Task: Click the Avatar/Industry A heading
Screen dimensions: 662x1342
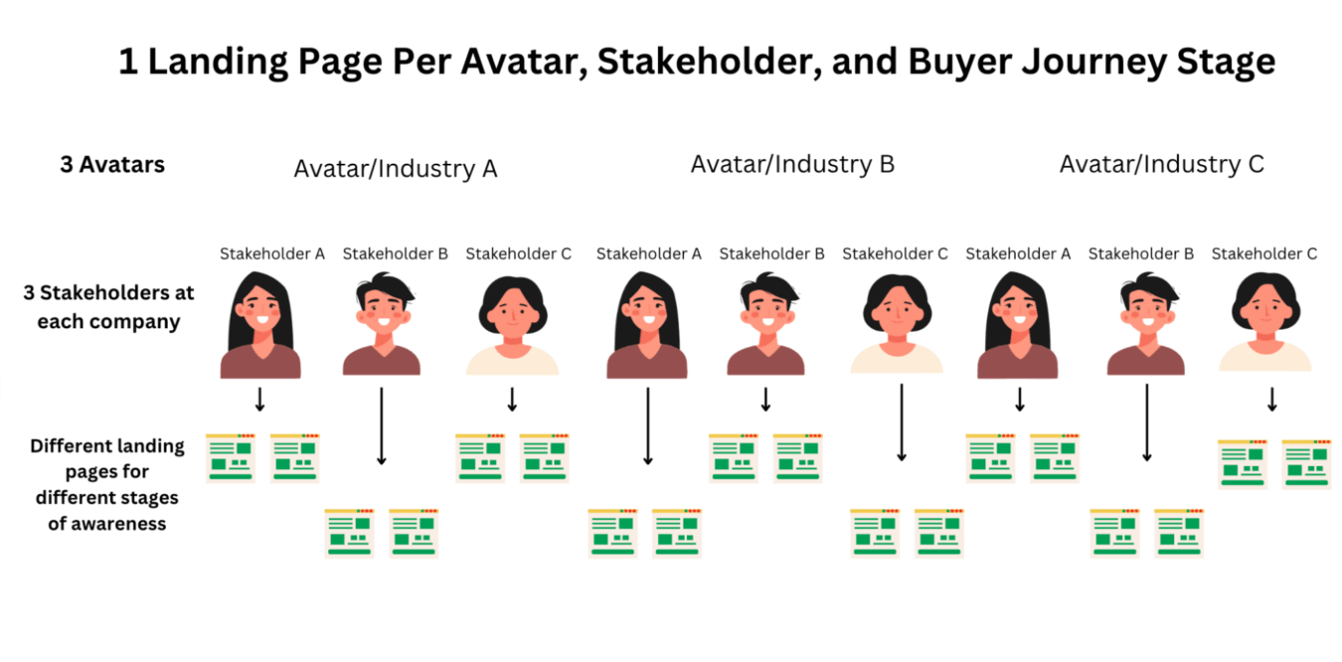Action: (x=395, y=169)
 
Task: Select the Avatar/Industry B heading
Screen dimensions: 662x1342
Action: (x=792, y=164)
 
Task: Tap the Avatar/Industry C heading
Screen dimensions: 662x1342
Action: (x=1161, y=164)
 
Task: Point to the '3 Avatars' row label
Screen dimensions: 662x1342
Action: (x=112, y=165)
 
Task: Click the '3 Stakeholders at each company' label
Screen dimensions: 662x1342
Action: (x=108, y=307)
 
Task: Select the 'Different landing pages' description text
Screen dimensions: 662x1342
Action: (x=107, y=484)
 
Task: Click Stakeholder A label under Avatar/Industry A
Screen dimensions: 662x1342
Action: (x=272, y=253)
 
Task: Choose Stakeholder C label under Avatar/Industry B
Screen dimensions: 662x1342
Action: (x=895, y=253)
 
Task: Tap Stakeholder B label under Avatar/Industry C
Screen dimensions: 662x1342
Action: (x=1140, y=253)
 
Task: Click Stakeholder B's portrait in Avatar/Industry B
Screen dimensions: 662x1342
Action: (x=765, y=323)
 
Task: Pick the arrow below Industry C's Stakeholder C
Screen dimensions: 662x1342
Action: (x=1271, y=400)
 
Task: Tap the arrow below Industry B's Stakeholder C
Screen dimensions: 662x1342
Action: (x=902, y=422)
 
